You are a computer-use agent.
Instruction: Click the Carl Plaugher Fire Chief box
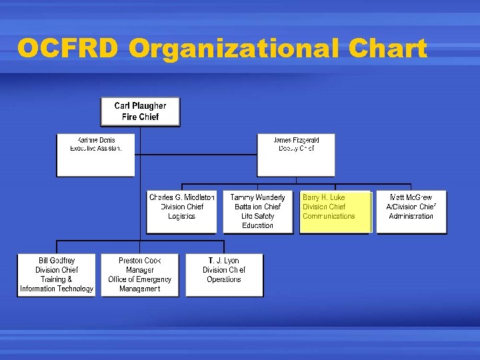pyautogui.click(x=140, y=112)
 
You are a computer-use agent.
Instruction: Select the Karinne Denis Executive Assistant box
pyautogui.click(x=96, y=155)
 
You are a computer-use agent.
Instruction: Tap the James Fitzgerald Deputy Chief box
pyautogui.click(x=296, y=155)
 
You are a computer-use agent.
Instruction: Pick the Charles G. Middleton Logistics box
pyautogui.click(x=181, y=212)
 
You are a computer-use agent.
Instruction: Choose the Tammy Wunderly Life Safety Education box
pyautogui.click(x=257, y=212)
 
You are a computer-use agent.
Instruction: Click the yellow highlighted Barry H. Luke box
pyautogui.click(x=335, y=212)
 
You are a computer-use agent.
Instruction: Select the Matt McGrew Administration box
pyautogui.click(x=411, y=212)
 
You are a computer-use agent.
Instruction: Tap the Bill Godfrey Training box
pyautogui.click(x=57, y=275)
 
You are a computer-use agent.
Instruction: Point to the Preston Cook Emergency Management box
pyautogui.click(x=140, y=275)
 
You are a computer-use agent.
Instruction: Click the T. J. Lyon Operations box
pyautogui.click(x=224, y=275)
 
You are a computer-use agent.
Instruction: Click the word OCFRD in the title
pyautogui.click(x=69, y=49)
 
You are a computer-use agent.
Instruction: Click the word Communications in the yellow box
pyautogui.click(x=329, y=216)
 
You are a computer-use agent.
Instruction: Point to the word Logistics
pyautogui.click(x=181, y=216)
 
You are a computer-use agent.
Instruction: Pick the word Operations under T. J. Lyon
pyautogui.click(x=224, y=279)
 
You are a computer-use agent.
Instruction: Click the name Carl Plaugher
pyautogui.click(x=140, y=106)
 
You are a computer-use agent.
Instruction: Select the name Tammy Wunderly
pyautogui.click(x=257, y=197)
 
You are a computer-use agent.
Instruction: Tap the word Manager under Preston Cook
pyautogui.click(x=140, y=270)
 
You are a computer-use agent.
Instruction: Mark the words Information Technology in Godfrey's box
pyautogui.click(x=57, y=289)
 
